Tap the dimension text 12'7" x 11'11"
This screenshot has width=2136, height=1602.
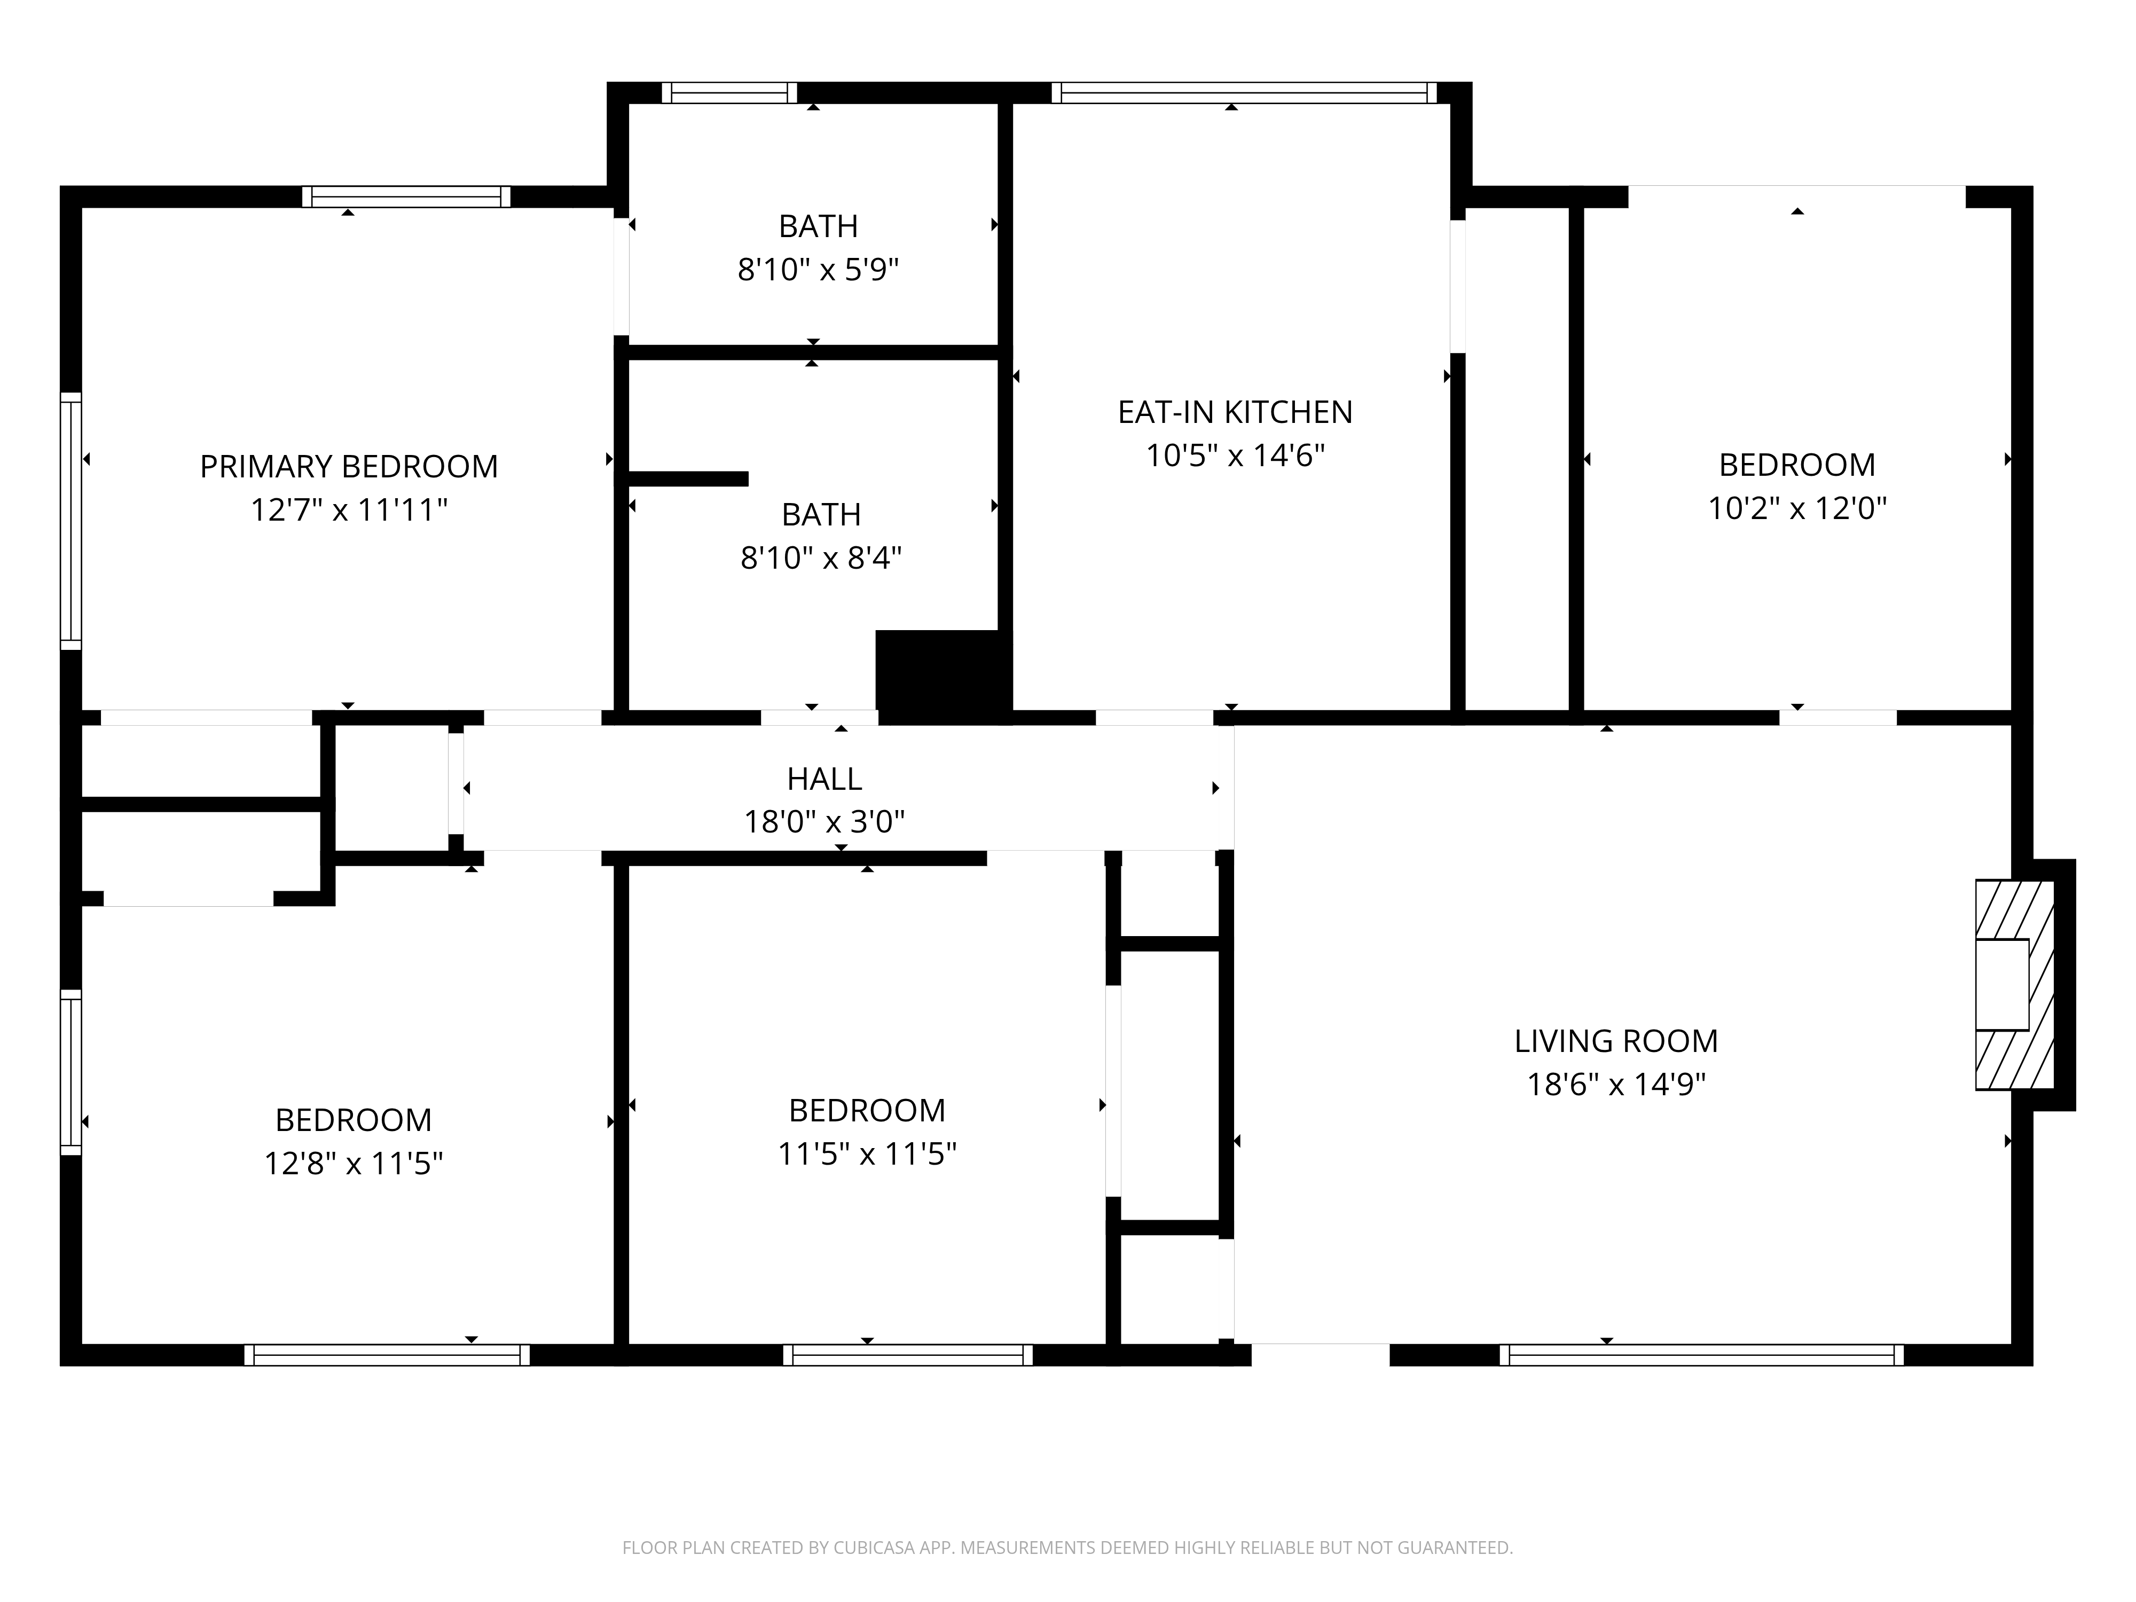point(349,510)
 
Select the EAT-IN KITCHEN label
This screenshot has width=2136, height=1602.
point(1235,412)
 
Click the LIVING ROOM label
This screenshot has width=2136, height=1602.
point(1615,1041)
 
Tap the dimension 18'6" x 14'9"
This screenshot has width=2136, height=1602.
point(1615,1085)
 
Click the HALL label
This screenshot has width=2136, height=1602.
point(823,779)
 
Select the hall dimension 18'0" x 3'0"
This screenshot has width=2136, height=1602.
point(823,822)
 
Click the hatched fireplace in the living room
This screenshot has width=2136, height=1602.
point(2014,985)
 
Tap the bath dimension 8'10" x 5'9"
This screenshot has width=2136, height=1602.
point(818,270)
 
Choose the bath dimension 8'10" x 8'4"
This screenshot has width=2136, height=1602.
point(821,558)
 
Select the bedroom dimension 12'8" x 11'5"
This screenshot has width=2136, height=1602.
point(354,1164)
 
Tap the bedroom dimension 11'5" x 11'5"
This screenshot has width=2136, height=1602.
point(867,1154)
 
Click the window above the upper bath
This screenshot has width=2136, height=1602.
point(729,93)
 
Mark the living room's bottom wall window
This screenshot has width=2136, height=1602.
point(1701,1355)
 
